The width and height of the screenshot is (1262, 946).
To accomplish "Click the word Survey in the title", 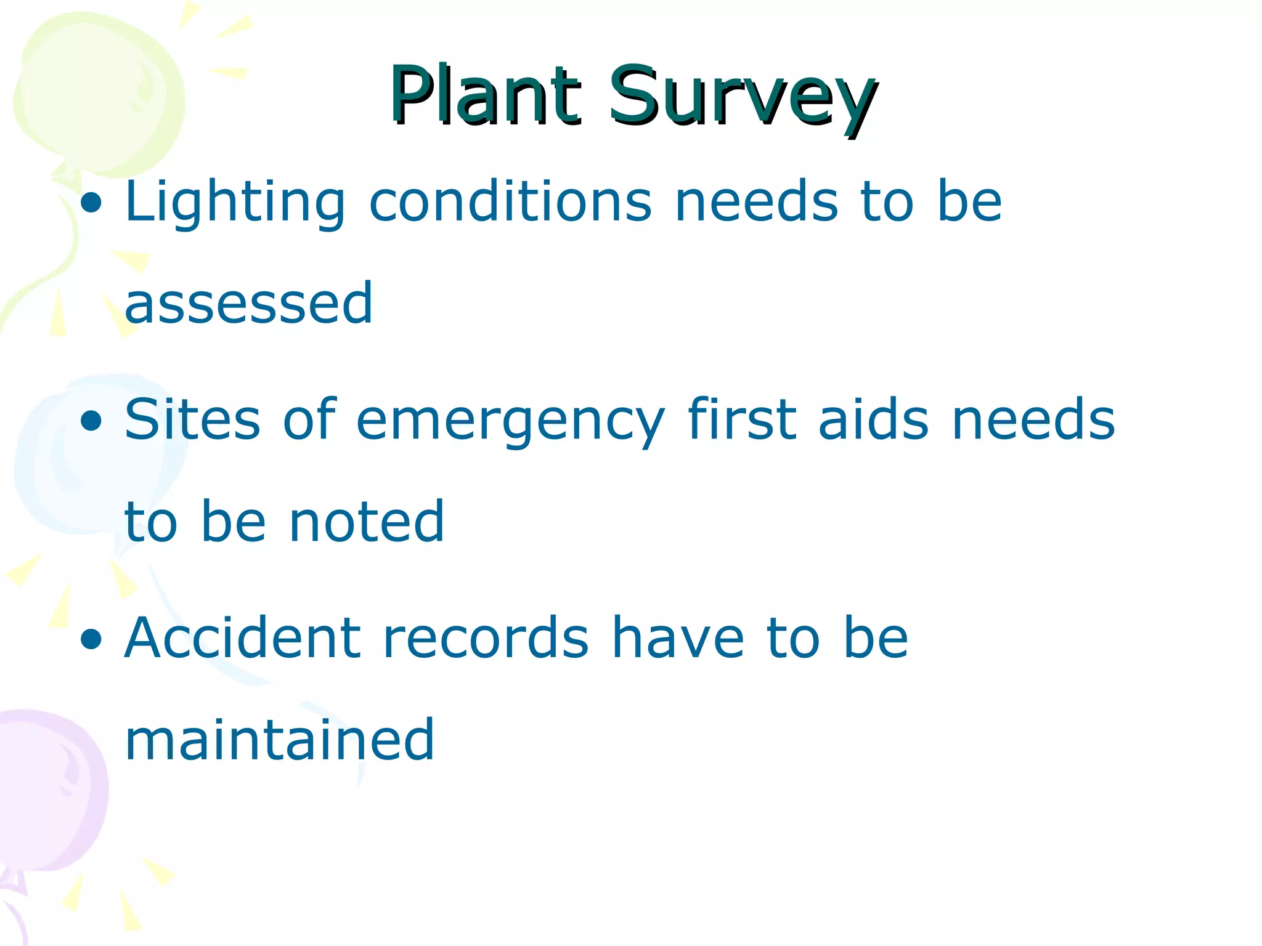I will coord(743,99).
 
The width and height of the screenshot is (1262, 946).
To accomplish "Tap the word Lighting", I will coord(235,203).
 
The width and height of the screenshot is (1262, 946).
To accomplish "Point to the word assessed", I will coord(248,303).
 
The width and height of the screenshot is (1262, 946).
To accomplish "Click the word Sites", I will coord(192,420).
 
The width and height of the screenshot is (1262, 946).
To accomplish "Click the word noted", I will coord(367,522).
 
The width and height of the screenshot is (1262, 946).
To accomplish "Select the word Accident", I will coord(242,638).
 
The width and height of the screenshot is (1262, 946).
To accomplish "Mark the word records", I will coord(486,638).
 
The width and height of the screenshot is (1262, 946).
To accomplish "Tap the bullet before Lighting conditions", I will coord(91,204).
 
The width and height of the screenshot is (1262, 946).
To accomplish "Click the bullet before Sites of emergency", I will coord(91,422).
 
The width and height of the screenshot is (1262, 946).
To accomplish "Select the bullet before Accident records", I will coord(91,640).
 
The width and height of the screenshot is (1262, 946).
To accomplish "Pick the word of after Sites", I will coord(309,420).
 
